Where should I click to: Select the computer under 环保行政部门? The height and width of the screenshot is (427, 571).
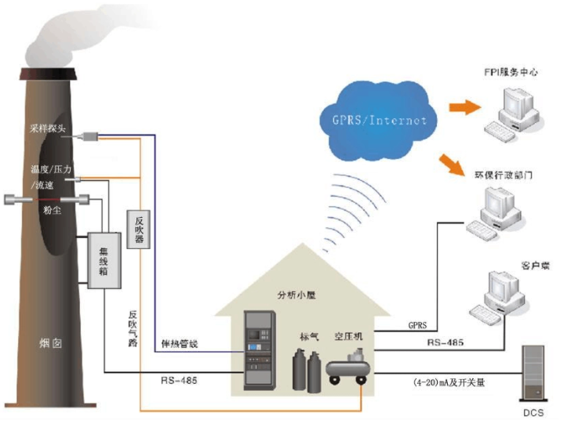495,212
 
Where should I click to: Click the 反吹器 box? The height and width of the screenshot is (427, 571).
139,228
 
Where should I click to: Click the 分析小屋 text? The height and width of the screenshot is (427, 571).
296,296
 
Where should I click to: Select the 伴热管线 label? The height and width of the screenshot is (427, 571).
180,343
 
